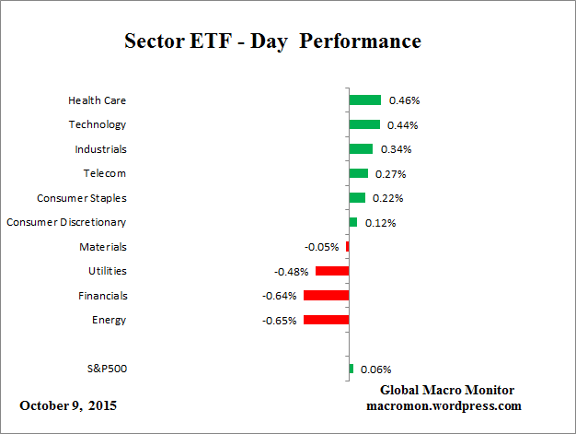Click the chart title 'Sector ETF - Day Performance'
[272, 42]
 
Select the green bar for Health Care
[364, 100]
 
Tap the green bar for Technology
[363, 124]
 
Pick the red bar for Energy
[326, 320]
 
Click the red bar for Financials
[326, 296]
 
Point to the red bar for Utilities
[331, 271]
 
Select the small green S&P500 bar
[351, 369]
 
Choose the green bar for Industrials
[360, 148]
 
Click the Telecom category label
[105, 173]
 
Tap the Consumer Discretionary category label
[66, 222]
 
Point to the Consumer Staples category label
[82, 198]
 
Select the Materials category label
[103, 247]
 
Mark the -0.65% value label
[279, 321]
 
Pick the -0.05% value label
[321, 247]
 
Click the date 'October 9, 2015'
[68, 405]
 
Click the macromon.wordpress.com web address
[444, 405]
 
